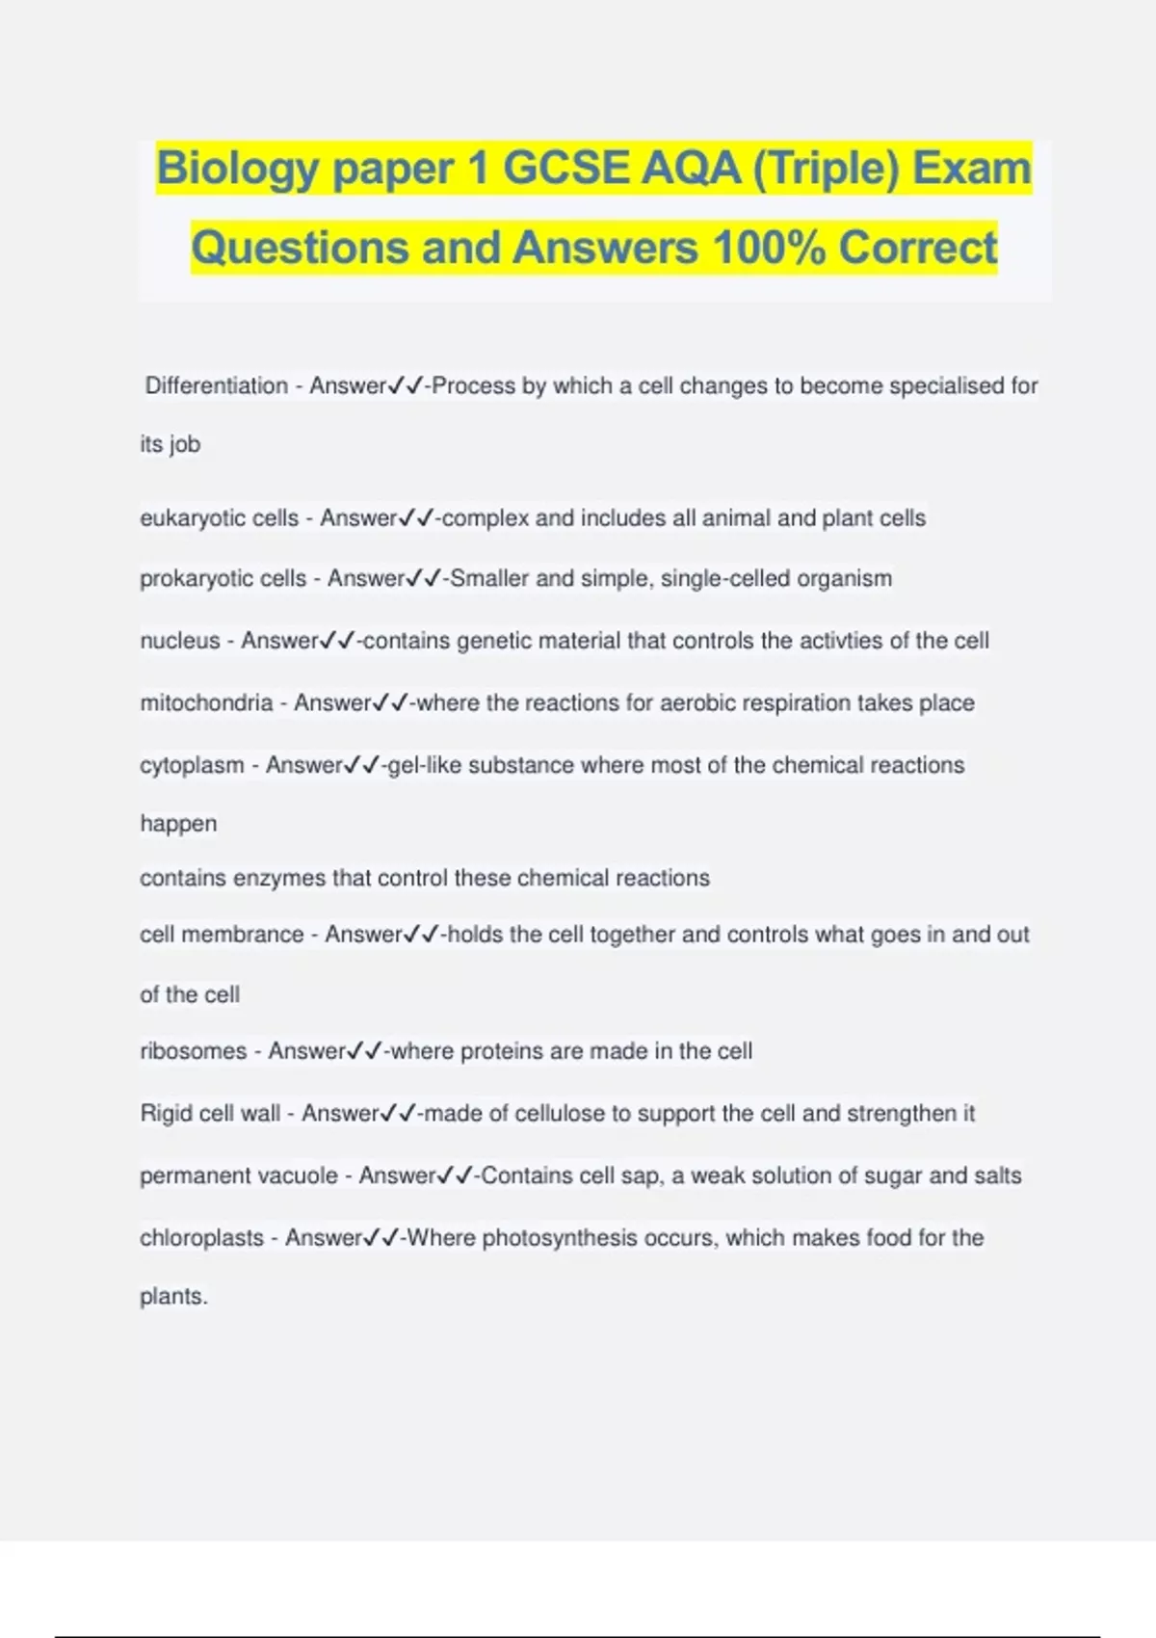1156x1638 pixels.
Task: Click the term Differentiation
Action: (217, 385)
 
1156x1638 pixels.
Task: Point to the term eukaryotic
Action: (185, 518)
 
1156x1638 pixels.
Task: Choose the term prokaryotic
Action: (189, 579)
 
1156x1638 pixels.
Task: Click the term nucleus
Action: (179, 641)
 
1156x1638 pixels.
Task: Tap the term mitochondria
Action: (206, 703)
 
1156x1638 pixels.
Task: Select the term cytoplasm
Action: (192, 765)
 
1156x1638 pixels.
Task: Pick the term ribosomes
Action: (193, 1051)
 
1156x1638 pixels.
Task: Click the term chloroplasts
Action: (201, 1238)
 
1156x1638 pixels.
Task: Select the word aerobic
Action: (699, 703)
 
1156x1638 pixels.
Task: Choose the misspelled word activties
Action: (852, 641)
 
